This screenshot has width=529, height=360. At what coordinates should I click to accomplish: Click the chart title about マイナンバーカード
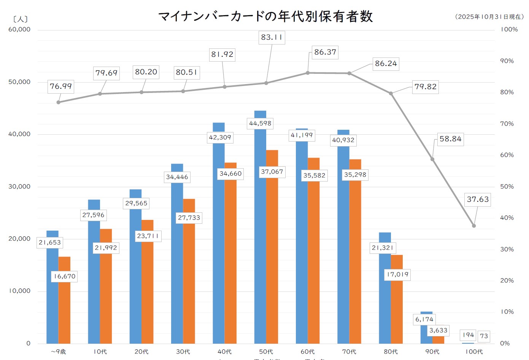coord(265,16)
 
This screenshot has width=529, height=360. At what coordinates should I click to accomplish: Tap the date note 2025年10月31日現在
coord(489,17)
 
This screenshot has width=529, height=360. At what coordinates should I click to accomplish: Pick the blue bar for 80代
coord(384,297)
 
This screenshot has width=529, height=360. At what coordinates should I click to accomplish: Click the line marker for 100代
coord(474,226)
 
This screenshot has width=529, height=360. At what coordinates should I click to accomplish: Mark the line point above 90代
coord(432,159)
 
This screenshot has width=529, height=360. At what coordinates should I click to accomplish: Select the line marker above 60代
coord(308,73)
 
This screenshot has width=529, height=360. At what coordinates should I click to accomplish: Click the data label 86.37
coord(325,52)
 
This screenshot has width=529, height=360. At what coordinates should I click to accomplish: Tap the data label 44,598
coord(260,123)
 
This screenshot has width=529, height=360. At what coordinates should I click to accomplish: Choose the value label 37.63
coord(478,199)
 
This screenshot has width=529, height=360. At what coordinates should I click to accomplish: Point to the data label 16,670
coord(64,276)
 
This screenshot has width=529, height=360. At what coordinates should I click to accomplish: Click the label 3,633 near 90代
coord(438,330)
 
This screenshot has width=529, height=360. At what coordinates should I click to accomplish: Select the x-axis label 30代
coord(183,352)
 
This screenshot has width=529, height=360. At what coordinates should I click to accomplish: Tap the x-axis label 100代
coord(474,352)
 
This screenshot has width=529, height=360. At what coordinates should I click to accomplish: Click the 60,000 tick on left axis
coord(19,30)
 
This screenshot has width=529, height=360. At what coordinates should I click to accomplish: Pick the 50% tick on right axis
coord(507,186)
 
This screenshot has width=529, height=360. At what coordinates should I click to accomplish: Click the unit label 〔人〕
coord(20,19)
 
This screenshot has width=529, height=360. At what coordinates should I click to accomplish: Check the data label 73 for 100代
coord(484,336)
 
